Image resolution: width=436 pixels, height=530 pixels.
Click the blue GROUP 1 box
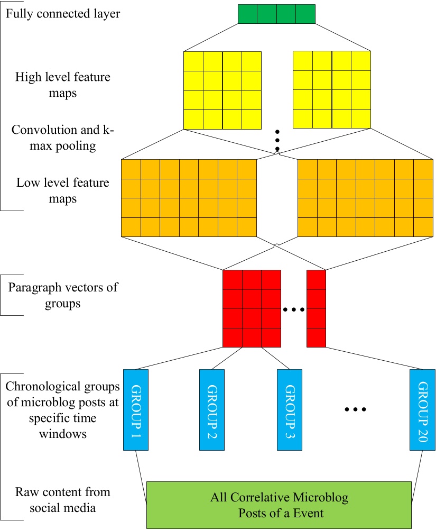point(135,409)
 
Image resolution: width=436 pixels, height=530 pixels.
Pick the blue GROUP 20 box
point(421,409)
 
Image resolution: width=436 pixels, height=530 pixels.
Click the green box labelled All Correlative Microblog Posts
point(279,505)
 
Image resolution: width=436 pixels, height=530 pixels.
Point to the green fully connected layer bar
point(276,14)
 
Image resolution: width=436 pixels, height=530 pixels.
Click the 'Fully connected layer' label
point(63,13)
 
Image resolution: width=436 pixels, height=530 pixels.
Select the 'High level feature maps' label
point(63,85)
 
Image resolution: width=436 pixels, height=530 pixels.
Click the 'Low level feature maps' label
point(63,191)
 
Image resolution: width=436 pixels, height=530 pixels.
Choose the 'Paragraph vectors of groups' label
point(63,296)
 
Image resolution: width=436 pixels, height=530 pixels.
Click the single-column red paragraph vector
point(316,308)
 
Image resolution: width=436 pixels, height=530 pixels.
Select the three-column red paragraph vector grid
point(252,308)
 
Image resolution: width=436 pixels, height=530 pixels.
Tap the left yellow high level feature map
point(222,90)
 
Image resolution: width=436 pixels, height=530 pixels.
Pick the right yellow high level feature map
point(332,90)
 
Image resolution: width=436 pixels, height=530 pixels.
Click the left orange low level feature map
point(189,198)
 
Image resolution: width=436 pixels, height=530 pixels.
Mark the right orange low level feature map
point(365,198)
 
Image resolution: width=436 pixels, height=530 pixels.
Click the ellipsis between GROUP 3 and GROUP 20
point(355,409)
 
